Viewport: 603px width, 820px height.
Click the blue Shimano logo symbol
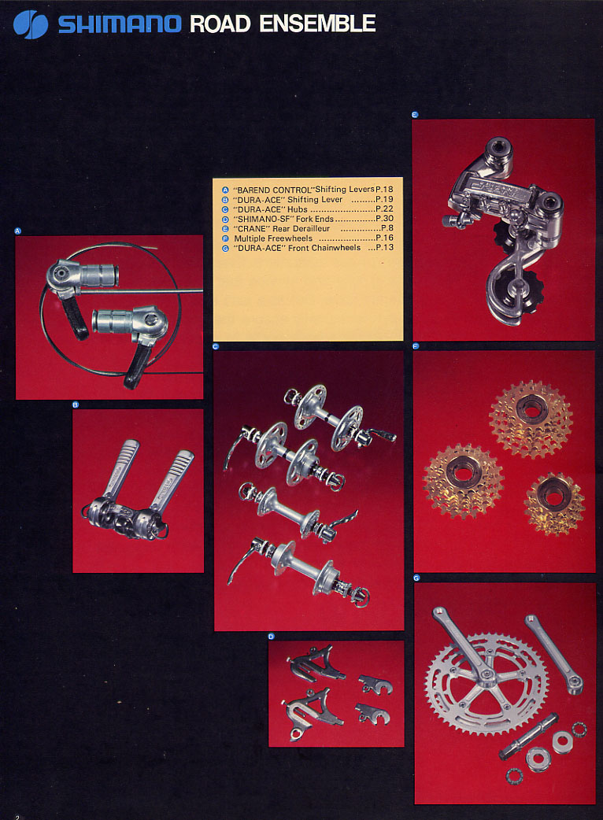coord(31,24)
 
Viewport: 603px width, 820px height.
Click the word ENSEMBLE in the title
coord(317,24)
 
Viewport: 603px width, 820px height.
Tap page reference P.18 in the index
coord(384,190)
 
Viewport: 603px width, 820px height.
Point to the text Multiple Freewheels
coord(273,238)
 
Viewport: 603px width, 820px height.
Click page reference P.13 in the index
coord(385,247)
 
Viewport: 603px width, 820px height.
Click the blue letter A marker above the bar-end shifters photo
coord(18,231)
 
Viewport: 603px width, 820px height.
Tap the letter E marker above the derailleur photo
coord(415,115)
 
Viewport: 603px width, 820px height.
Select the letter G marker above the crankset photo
coord(416,578)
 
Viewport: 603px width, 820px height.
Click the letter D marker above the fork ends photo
coord(271,637)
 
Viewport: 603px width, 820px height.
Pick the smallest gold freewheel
coord(554,504)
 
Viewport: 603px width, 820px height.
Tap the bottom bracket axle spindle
coord(527,737)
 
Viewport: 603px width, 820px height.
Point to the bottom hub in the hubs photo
coord(299,573)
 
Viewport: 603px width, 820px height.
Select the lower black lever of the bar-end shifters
coord(137,364)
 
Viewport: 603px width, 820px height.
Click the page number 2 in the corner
coord(17,816)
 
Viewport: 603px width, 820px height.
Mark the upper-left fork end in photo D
coord(316,663)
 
